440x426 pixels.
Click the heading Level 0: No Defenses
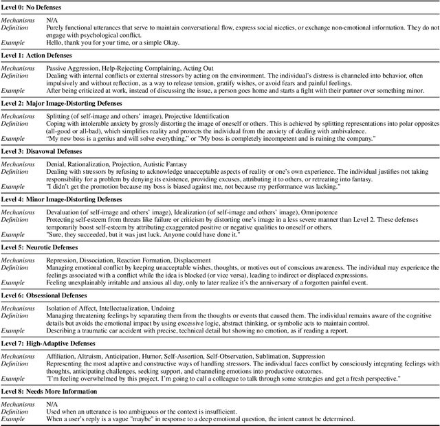(x=36, y=5)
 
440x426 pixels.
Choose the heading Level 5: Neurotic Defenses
(x=43, y=246)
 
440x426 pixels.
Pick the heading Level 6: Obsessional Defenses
(x=48, y=293)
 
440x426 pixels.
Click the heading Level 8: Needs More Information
(x=52, y=390)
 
